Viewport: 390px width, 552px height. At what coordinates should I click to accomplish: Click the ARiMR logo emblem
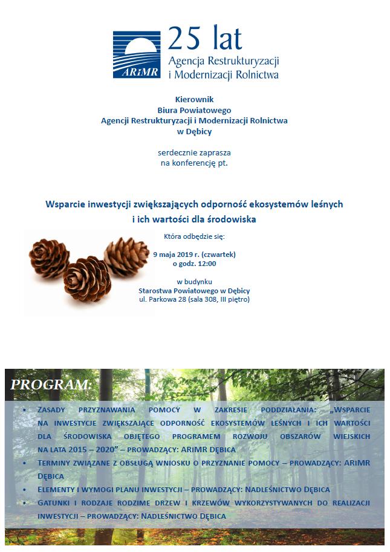tap(137, 55)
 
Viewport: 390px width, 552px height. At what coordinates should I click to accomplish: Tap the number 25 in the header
tap(181, 39)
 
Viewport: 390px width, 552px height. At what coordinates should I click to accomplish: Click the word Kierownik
tap(194, 99)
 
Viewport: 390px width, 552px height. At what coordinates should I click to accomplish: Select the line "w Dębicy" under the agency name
tap(194, 131)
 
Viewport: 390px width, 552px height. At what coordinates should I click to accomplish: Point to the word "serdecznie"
tap(176, 152)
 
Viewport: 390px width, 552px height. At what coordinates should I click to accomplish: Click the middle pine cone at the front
tap(88, 281)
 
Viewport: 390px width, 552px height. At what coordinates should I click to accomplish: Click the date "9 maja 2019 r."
tap(180, 254)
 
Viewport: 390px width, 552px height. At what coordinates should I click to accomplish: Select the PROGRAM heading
tap(51, 385)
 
